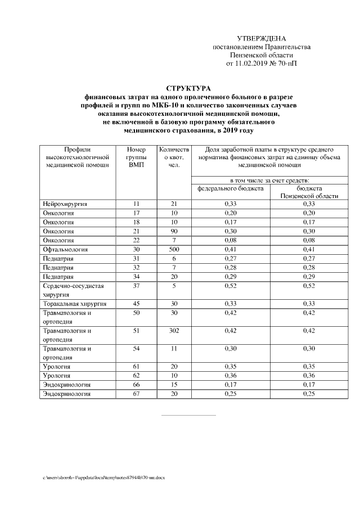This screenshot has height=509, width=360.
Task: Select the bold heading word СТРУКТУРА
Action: point(189,88)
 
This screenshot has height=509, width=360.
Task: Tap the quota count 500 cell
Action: point(174,249)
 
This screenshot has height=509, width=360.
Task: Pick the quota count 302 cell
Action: point(174,331)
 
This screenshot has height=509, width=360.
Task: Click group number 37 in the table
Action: point(136,286)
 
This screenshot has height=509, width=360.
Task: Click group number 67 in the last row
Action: point(136,394)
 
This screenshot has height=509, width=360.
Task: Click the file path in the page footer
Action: point(104,478)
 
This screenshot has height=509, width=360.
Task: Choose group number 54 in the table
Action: point(136,349)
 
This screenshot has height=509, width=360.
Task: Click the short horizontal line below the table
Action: point(188,416)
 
